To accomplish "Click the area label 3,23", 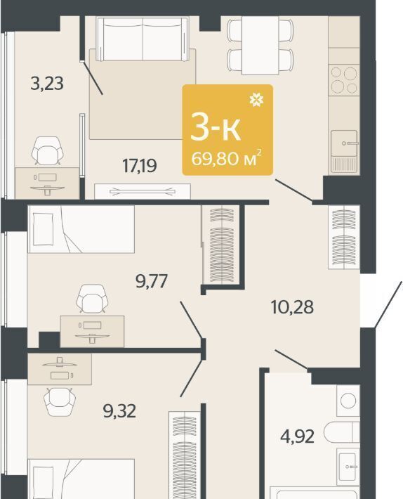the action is pos(47,84).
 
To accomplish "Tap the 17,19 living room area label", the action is pos(140,166).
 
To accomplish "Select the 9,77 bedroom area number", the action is pos(151,281).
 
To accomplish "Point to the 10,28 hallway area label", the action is pos(292,307).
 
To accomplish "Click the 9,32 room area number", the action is pos(119,411).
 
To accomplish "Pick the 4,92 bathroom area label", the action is pos(297,436).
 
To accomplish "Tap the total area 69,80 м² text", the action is pos(227,158).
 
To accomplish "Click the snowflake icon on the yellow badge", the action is pos(256,100).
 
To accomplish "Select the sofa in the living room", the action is pos(143,39).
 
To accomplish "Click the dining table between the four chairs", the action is pos(260,45).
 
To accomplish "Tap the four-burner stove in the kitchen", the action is pos(344,80).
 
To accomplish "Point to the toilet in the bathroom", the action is pos(342,432).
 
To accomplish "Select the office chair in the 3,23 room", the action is pos(47,150).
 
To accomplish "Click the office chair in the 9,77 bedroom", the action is pos(92,299).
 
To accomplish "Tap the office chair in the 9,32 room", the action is pos(60,401).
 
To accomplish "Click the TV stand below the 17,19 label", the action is pos(143,191).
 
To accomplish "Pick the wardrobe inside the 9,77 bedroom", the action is pos(221,245).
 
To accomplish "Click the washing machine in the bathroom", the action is pos(348,400).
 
